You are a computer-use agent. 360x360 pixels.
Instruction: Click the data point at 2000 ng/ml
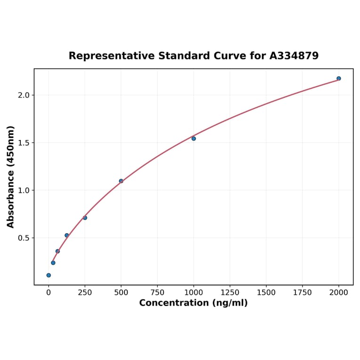(x=339, y=78)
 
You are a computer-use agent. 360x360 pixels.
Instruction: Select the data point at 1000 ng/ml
(x=194, y=139)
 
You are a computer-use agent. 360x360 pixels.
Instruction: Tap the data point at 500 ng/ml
(x=121, y=181)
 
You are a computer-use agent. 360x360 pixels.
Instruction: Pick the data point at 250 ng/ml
(x=85, y=218)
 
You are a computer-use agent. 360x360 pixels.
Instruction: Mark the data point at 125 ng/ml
(x=67, y=235)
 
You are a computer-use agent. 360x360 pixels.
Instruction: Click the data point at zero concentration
(x=49, y=275)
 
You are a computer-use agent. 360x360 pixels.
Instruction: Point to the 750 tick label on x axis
(x=157, y=293)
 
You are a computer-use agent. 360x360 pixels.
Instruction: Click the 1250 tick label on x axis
(x=230, y=293)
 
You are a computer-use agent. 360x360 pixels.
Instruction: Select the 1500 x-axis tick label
(x=266, y=293)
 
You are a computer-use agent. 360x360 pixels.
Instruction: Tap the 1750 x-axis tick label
(x=303, y=293)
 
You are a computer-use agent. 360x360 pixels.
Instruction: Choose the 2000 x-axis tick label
(x=339, y=293)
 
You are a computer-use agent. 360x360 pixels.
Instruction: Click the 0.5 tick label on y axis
(x=24, y=238)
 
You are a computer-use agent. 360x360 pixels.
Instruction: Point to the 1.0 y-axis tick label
(x=24, y=190)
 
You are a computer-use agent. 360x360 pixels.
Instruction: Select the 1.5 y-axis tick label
(x=24, y=143)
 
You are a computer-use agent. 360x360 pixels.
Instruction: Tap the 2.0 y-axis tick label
(x=24, y=95)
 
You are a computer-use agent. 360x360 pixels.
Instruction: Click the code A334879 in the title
(x=294, y=56)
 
